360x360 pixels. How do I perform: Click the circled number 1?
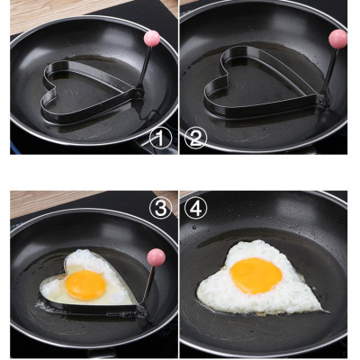point(160,139)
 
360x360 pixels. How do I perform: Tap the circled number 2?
point(196,139)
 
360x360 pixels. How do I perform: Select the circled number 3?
point(160,208)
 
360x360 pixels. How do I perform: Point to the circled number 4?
point(196,208)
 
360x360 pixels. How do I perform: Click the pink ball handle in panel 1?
point(152,39)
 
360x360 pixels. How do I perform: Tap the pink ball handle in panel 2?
point(337,39)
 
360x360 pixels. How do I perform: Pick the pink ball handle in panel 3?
point(157,257)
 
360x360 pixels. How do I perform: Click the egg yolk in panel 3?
point(85,284)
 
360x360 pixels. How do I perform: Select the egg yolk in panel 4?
point(256,275)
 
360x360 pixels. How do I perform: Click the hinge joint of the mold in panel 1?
point(139,94)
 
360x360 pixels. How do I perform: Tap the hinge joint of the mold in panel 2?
point(321,102)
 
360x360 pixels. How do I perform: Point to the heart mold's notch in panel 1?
point(56,87)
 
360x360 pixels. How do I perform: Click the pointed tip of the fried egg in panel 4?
point(327,310)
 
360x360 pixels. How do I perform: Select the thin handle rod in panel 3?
point(148,285)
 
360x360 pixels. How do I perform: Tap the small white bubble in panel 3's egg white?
point(115,298)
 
